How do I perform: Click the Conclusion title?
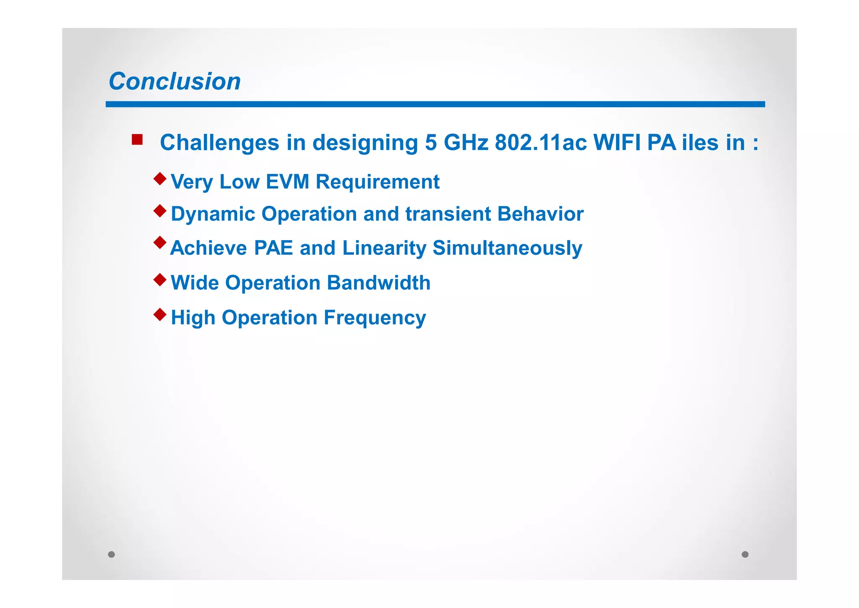pos(174,81)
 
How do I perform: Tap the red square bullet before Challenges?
pos(137,139)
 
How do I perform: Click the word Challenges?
pos(219,143)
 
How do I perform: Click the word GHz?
pos(466,143)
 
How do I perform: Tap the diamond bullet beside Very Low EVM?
pos(160,178)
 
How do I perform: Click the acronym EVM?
pos(287,182)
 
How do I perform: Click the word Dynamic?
pos(213,214)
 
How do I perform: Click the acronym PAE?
pos(273,248)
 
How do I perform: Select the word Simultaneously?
pos(507,248)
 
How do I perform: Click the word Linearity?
pos(384,248)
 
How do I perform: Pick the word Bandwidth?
pos(378,283)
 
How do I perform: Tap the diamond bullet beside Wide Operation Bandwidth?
pos(160,279)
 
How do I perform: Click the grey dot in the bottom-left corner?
pos(112,554)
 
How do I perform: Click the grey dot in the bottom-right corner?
pos(745,554)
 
